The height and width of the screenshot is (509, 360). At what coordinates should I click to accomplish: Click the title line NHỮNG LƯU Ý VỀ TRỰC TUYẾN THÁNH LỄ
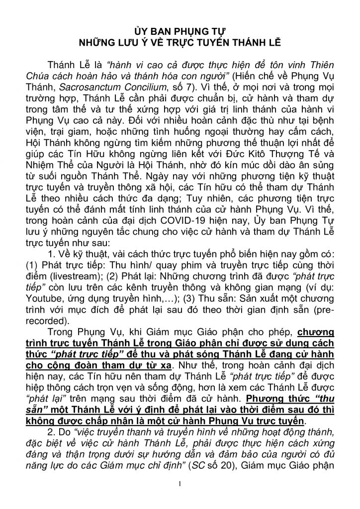coord(180,43)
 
